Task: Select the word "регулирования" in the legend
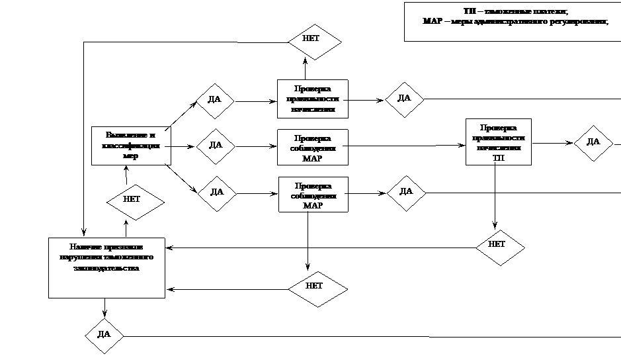click(x=581, y=21)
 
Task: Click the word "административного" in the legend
click(x=511, y=21)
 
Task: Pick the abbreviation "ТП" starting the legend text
click(x=470, y=12)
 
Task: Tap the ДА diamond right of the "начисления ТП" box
click(x=593, y=142)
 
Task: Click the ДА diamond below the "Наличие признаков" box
click(x=104, y=335)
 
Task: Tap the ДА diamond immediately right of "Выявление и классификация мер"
click(x=216, y=145)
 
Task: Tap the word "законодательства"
click(x=107, y=269)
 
